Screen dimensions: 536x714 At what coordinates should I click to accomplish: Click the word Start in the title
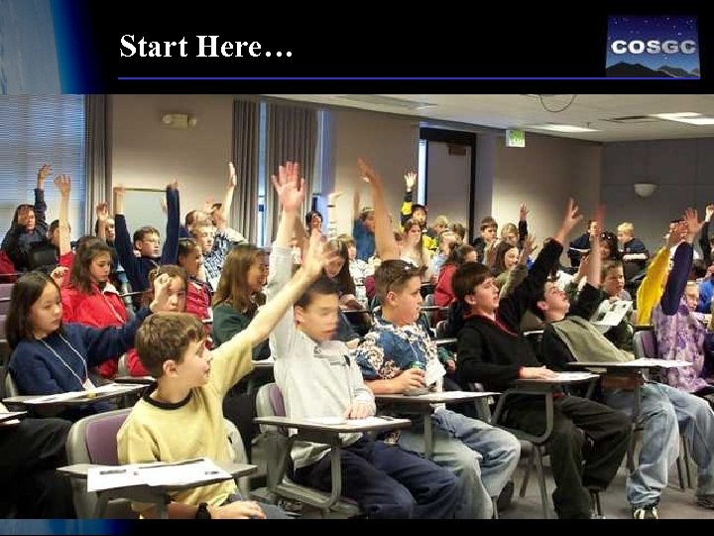point(154,47)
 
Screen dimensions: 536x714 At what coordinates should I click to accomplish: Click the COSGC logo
point(653,47)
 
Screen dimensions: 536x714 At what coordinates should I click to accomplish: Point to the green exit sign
point(515,138)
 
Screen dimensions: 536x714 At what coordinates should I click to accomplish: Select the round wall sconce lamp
point(646,189)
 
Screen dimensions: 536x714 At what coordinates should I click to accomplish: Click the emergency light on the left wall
point(178,121)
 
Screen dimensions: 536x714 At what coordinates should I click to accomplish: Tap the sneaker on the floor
point(646,511)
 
